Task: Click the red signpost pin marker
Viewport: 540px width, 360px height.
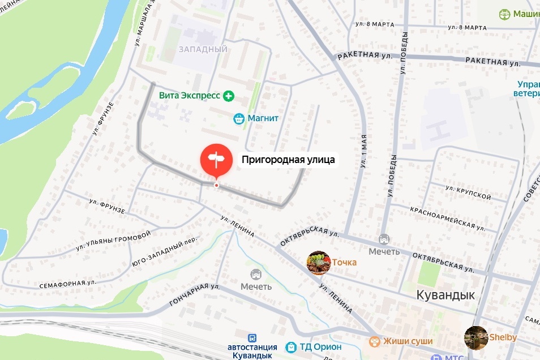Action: [216, 160]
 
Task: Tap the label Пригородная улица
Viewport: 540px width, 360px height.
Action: [289, 160]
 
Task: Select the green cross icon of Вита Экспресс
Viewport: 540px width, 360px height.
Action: [229, 96]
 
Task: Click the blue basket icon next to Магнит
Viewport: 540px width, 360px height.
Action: [239, 119]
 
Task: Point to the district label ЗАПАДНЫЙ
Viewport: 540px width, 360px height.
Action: [203, 49]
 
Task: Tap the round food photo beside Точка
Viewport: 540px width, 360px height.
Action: [318, 263]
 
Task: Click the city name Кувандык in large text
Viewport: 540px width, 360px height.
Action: [445, 295]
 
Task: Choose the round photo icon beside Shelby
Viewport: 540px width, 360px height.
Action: [475, 337]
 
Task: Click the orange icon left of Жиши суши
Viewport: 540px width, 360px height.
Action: [375, 341]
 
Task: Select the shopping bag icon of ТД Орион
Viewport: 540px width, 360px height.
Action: [291, 346]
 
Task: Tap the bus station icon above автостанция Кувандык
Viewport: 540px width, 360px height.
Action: [252, 337]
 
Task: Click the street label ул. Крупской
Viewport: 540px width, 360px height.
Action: [468, 192]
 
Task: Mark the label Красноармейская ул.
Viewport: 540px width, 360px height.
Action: [448, 217]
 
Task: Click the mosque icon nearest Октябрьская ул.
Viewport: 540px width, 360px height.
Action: [384, 240]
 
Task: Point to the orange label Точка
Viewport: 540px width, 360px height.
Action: [344, 263]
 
